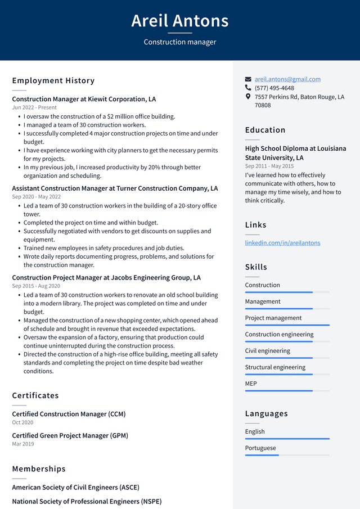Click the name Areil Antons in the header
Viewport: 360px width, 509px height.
pos(180,21)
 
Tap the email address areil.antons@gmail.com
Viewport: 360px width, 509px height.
pos(287,79)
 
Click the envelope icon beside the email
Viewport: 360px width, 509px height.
pos(248,79)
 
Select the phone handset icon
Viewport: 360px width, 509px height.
pos(248,88)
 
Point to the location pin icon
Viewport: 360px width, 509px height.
pos(248,97)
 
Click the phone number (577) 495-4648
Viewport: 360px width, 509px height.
pos(274,88)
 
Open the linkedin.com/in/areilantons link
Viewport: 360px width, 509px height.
pos(282,243)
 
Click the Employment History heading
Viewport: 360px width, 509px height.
pos(53,80)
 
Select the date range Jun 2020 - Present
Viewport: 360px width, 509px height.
pos(34,107)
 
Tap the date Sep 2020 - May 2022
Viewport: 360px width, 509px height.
pos(36,197)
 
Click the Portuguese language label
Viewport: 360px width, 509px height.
pos(260,448)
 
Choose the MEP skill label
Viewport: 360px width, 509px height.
pos(251,384)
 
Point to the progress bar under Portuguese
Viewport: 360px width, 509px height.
pos(287,455)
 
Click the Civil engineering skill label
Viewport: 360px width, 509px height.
pos(267,351)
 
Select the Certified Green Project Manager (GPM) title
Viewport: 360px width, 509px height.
pos(70,435)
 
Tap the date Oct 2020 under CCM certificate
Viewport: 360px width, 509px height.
pos(22,422)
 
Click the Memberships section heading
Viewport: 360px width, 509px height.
pos(39,469)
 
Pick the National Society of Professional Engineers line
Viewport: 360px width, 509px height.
pos(87,501)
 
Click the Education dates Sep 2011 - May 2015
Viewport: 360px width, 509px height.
pos(269,166)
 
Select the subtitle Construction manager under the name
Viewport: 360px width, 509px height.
pos(180,42)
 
